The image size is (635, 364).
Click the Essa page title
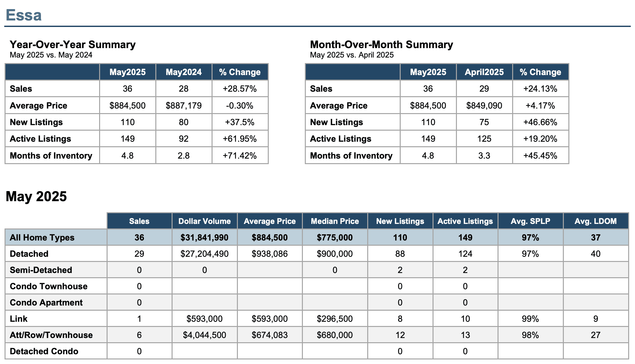24,15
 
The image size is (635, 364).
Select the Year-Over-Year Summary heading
73,45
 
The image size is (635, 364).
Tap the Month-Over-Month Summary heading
382,45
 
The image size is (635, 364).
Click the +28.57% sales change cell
240,89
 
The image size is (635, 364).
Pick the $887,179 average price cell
184,106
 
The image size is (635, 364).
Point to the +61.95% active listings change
240,139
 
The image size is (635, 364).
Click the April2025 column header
484,72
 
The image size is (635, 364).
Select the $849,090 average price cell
484,106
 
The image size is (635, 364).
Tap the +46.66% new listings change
540,122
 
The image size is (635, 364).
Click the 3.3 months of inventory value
484,156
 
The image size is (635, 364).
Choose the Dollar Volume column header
204,221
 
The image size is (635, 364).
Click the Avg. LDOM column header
595,221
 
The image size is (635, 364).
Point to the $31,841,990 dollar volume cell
204,238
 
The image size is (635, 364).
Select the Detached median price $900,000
335,254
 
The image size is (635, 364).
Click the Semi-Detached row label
41,270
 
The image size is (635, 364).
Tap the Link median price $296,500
335,319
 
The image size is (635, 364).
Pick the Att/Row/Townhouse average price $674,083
270,335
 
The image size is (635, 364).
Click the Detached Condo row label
44,351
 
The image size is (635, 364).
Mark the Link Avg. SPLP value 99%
530,319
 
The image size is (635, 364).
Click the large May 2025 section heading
36,196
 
